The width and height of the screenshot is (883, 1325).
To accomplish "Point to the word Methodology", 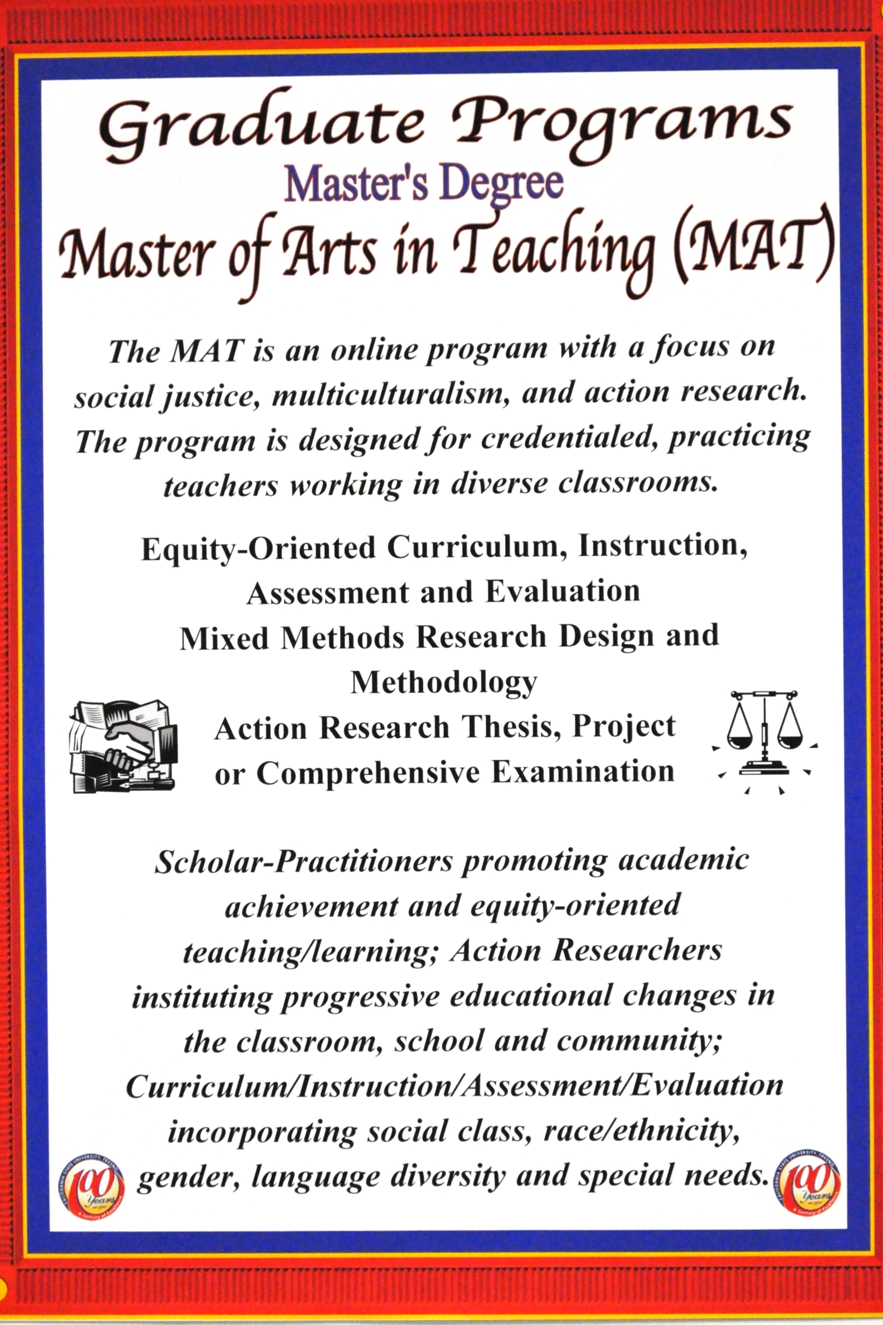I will click(x=444, y=683).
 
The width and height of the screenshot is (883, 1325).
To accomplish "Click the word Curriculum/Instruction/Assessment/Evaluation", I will click(x=454, y=1086).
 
